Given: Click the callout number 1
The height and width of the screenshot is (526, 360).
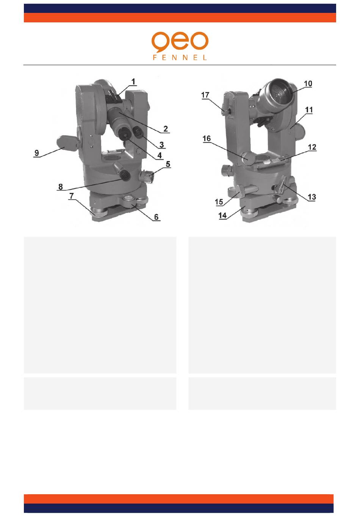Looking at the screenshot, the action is coord(133,82).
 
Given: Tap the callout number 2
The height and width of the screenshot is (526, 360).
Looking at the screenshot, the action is coord(166,129).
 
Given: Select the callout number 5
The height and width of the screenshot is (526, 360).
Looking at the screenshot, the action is coord(168,164).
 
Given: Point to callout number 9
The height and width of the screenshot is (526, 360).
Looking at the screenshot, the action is coord(37,153).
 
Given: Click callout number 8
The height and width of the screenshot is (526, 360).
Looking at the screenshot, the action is coord(61,187).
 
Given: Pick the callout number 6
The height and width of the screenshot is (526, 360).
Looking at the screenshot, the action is coord(156,217).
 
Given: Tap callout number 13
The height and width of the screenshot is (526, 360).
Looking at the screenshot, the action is coord(312,197).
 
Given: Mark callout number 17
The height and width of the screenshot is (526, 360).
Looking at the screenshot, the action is coord(205,95).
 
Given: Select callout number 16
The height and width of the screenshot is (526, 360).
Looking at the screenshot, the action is coord(207,139).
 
